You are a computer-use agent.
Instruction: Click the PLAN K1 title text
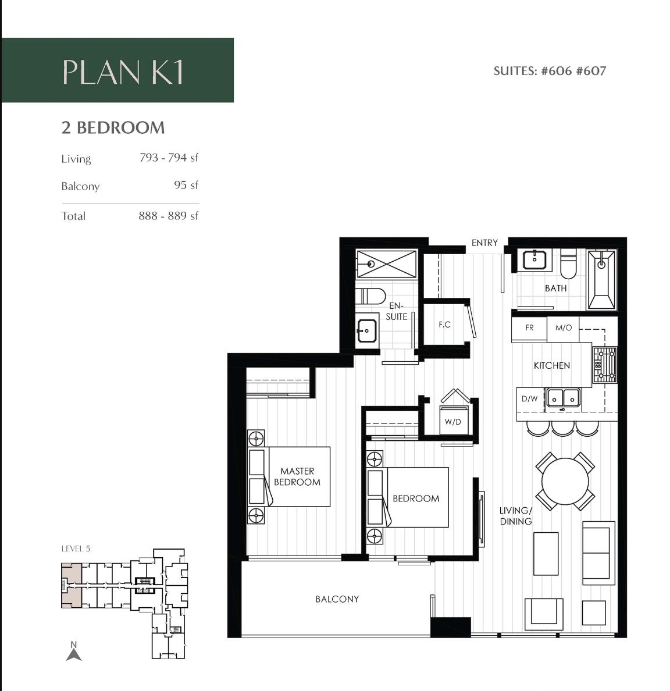point(123,72)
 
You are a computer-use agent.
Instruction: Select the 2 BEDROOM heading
point(113,127)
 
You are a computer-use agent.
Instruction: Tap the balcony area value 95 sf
point(186,185)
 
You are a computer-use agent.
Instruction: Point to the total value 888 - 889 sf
point(168,216)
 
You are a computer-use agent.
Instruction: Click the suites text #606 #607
point(550,71)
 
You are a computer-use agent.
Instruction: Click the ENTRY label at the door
point(484,243)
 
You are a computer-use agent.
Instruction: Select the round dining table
point(565,482)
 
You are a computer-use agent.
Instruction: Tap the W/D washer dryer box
point(452,422)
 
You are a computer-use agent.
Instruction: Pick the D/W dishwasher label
point(529,399)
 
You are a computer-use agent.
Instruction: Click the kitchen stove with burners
point(604,365)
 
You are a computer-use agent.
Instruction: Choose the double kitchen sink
point(563,398)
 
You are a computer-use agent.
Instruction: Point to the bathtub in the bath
point(601,280)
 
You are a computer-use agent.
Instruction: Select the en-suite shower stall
point(386,263)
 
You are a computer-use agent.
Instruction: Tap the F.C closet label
point(444,325)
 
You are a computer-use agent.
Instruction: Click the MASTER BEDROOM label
point(297,476)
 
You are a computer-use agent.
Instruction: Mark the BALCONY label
point(337,599)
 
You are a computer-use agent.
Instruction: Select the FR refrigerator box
point(529,328)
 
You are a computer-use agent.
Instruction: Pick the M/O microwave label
point(563,328)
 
